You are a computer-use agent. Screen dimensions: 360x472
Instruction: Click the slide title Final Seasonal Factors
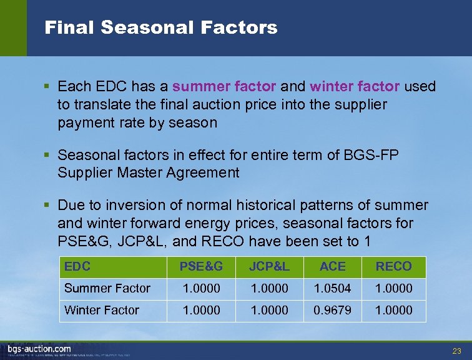point(161,27)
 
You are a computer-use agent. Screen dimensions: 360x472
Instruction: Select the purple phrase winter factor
point(354,86)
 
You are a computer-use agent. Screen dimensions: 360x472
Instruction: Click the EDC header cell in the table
point(77,266)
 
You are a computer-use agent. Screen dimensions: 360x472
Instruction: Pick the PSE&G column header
point(201,266)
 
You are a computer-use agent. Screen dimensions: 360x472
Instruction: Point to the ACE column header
point(332,266)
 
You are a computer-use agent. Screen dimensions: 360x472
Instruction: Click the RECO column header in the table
point(393,266)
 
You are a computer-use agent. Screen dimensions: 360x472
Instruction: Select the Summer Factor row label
point(107,288)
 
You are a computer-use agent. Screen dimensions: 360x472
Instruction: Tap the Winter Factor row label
point(102,310)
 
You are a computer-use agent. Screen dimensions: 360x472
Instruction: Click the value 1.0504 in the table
point(332,288)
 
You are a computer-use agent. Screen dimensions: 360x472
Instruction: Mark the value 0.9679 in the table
point(332,310)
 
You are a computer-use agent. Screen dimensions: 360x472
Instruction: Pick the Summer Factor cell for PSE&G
point(201,288)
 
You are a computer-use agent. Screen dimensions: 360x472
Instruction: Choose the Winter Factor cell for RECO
point(393,310)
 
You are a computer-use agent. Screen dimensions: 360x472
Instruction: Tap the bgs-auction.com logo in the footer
point(39,348)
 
